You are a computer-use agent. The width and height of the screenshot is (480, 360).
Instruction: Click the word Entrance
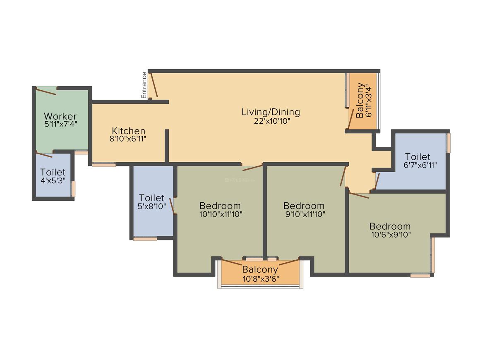[144, 85]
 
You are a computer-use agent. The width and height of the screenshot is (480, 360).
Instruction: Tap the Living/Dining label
[271, 112]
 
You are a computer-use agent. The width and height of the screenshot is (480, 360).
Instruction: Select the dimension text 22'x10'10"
[272, 121]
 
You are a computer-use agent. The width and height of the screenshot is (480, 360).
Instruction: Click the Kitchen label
[128, 131]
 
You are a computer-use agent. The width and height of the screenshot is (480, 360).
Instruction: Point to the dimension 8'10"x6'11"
[127, 139]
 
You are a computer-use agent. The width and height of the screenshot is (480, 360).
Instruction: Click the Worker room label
[60, 116]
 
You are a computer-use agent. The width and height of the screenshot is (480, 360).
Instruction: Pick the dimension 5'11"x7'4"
[60, 124]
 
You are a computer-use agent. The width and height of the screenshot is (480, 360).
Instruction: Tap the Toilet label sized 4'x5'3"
[53, 173]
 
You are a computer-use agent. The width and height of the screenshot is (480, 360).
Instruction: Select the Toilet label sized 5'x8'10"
[151, 198]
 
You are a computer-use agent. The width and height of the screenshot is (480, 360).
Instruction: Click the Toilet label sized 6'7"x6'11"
[418, 157]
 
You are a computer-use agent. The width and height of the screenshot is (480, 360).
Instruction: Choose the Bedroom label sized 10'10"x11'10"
[220, 206]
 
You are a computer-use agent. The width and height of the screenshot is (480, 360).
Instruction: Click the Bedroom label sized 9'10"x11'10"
[304, 206]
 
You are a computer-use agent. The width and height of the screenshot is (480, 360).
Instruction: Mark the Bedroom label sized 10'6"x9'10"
[390, 226]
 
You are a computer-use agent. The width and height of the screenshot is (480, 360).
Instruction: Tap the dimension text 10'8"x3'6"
[261, 279]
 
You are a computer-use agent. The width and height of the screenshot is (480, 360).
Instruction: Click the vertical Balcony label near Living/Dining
[360, 100]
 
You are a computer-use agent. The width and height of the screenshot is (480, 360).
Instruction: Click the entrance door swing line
[154, 85]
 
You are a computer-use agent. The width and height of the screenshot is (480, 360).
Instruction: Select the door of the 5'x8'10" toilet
[172, 206]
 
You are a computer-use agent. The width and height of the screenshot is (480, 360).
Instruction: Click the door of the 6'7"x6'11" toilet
[377, 181]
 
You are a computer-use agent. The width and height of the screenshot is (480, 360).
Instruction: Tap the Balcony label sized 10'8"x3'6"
[260, 270]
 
